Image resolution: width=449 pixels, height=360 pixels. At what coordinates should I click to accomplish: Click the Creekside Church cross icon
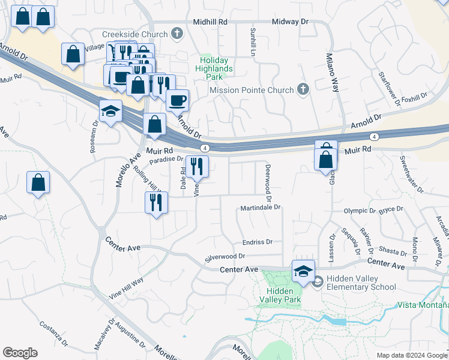pyautogui.click(x=176, y=34)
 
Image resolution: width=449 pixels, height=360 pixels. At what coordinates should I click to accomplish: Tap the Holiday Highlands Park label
pyautogui.click(x=216, y=64)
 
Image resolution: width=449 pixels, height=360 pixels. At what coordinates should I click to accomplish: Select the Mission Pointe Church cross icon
pyautogui.click(x=303, y=90)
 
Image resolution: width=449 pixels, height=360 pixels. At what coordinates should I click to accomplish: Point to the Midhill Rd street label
pyautogui.click(x=210, y=21)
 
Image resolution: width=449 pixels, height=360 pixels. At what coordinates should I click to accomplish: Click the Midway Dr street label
pyautogui.click(x=289, y=21)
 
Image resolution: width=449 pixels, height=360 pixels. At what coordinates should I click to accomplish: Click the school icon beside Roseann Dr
pyautogui.click(x=111, y=112)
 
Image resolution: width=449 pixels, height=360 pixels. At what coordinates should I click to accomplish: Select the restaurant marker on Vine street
pyautogui.click(x=197, y=167)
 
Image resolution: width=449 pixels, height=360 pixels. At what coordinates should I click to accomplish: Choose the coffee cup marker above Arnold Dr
pyautogui.click(x=177, y=100)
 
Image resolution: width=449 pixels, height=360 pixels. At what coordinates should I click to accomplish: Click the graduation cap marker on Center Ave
pyautogui.click(x=303, y=271)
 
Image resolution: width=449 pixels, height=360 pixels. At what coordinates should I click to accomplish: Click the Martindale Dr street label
pyautogui.click(x=261, y=208)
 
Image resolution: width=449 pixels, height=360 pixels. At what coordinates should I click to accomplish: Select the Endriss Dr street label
pyautogui.click(x=258, y=242)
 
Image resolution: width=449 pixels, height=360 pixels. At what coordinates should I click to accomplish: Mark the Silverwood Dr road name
pyautogui.click(x=224, y=256)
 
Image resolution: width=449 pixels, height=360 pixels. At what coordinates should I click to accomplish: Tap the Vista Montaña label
pyautogui.click(x=423, y=305)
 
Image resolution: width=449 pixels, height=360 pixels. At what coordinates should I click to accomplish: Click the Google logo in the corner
pyautogui.click(x=20, y=353)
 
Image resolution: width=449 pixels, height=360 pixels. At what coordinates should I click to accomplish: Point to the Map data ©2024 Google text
pyautogui.click(x=411, y=355)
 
